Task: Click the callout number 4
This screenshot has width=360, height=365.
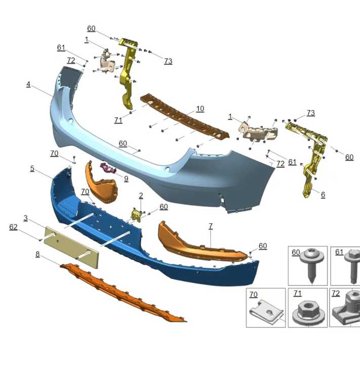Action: [x=29, y=84]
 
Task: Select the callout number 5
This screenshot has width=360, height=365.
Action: [x=32, y=168]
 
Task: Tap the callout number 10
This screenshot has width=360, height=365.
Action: [x=200, y=109]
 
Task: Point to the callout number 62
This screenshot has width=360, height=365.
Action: [x=13, y=228]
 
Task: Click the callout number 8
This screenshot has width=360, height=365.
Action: [x=37, y=254]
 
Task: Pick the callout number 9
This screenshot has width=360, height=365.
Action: [x=126, y=178]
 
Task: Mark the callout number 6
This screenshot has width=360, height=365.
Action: [x=323, y=194]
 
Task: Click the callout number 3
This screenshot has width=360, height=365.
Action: [x=25, y=218]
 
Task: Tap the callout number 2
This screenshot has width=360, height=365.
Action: [x=141, y=196]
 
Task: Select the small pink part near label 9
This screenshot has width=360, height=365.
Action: [x=108, y=168]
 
